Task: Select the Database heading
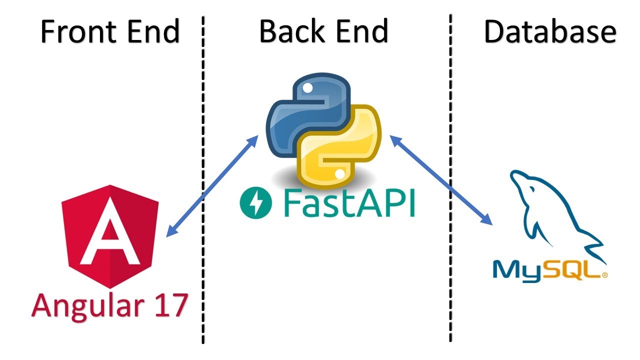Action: point(549,32)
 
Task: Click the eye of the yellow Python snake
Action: point(340,174)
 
